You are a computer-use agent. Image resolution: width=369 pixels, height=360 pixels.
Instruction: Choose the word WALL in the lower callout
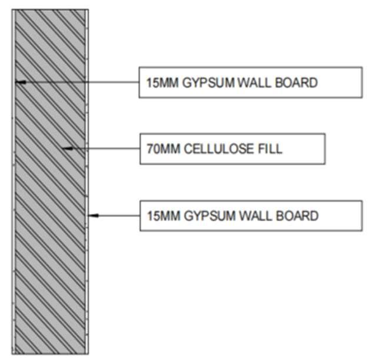[x=254, y=216]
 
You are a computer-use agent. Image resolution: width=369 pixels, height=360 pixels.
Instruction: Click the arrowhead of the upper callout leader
[x=19, y=82]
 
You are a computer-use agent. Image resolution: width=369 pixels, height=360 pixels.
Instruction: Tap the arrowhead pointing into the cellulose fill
[x=67, y=148]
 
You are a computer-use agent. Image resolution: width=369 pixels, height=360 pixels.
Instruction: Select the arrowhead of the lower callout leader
[x=92, y=216]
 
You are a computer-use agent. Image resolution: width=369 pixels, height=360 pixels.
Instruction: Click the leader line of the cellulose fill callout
[x=106, y=148]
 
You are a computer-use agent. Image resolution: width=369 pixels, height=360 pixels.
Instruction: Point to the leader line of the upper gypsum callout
[x=82, y=82]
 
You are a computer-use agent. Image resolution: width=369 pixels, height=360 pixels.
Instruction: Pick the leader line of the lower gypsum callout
[x=118, y=216]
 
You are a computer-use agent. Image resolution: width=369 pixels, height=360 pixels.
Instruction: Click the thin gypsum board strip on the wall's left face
[x=14, y=265]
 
